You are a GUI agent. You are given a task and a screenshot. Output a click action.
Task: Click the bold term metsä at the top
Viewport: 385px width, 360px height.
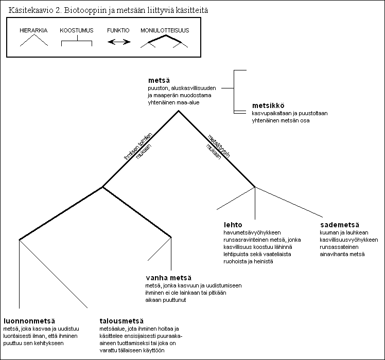(x=159, y=80)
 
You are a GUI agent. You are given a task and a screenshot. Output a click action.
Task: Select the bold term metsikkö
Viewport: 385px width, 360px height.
(x=268, y=105)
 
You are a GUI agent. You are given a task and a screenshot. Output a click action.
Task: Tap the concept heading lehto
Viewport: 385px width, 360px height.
(x=233, y=225)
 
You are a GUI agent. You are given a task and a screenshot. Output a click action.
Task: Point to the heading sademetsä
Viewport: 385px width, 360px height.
(x=340, y=225)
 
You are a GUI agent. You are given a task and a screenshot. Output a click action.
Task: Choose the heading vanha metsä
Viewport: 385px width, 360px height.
(x=168, y=278)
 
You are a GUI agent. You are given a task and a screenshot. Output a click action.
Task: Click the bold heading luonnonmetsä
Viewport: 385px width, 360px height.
(x=29, y=321)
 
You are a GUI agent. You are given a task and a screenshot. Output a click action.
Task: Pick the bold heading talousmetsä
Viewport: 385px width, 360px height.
(x=121, y=321)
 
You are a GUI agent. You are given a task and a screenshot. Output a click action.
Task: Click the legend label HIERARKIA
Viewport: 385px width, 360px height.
(x=33, y=30)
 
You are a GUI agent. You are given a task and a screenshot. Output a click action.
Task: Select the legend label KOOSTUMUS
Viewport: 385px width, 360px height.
(x=77, y=30)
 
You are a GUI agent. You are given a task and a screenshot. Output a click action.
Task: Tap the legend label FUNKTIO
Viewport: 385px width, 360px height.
(x=118, y=30)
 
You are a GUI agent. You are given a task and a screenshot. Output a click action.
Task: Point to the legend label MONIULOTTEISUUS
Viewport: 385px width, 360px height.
(x=165, y=30)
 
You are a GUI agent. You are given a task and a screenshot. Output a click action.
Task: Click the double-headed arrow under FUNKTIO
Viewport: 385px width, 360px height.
(x=119, y=42)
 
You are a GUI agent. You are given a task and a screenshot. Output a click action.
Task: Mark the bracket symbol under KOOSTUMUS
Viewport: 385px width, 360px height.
(x=77, y=41)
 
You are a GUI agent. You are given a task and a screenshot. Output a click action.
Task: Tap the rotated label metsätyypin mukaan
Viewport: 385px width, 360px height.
(x=218, y=148)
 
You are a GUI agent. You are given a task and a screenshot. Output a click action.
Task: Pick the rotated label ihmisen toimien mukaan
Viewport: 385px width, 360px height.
(x=138, y=147)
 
